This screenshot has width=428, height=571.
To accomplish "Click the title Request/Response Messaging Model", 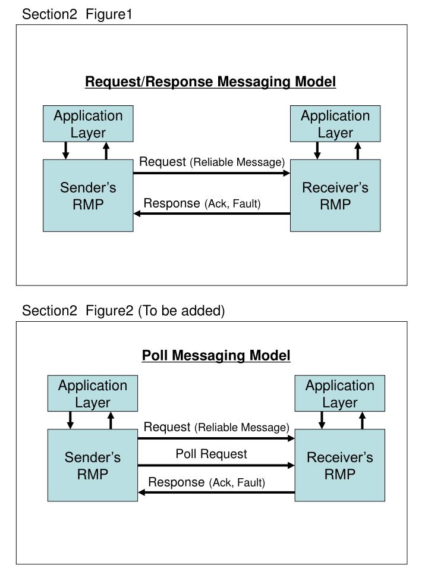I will click(x=210, y=81).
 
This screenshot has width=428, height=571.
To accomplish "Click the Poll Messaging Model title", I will click(x=216, y=356).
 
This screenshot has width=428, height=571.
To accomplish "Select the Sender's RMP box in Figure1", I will click(x=88, y=196).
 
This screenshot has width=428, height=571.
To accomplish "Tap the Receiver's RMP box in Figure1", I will click(x=335, y=196).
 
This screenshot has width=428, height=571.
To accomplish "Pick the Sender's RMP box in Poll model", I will click(x=93, y=466).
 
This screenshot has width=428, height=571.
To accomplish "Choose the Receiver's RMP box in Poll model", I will click(x=340, y=466).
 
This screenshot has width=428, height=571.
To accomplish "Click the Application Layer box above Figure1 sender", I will click(x=88, y=124).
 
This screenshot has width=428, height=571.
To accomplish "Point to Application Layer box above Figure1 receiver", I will click(x=335, y=124).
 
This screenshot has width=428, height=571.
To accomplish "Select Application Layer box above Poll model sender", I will click(x=93, y=394).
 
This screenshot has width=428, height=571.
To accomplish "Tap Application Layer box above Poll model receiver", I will click(x=340, y=394).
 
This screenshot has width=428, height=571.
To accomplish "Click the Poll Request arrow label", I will click(x=211, y=454).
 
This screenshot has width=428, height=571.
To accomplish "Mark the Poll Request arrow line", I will click(x=216, y=466).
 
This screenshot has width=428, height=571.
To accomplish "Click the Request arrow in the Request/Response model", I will click(x=211, y=173).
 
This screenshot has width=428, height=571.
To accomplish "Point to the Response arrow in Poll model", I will click(x=216, y=492).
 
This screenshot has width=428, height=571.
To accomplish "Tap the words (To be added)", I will click(x=181, y=310).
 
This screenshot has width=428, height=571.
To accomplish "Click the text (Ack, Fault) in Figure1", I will click(x=233, y=205).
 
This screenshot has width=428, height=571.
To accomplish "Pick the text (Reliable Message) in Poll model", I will click(x=242, y=428).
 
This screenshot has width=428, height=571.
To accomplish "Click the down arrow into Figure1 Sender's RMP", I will click(x=66, y=151).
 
